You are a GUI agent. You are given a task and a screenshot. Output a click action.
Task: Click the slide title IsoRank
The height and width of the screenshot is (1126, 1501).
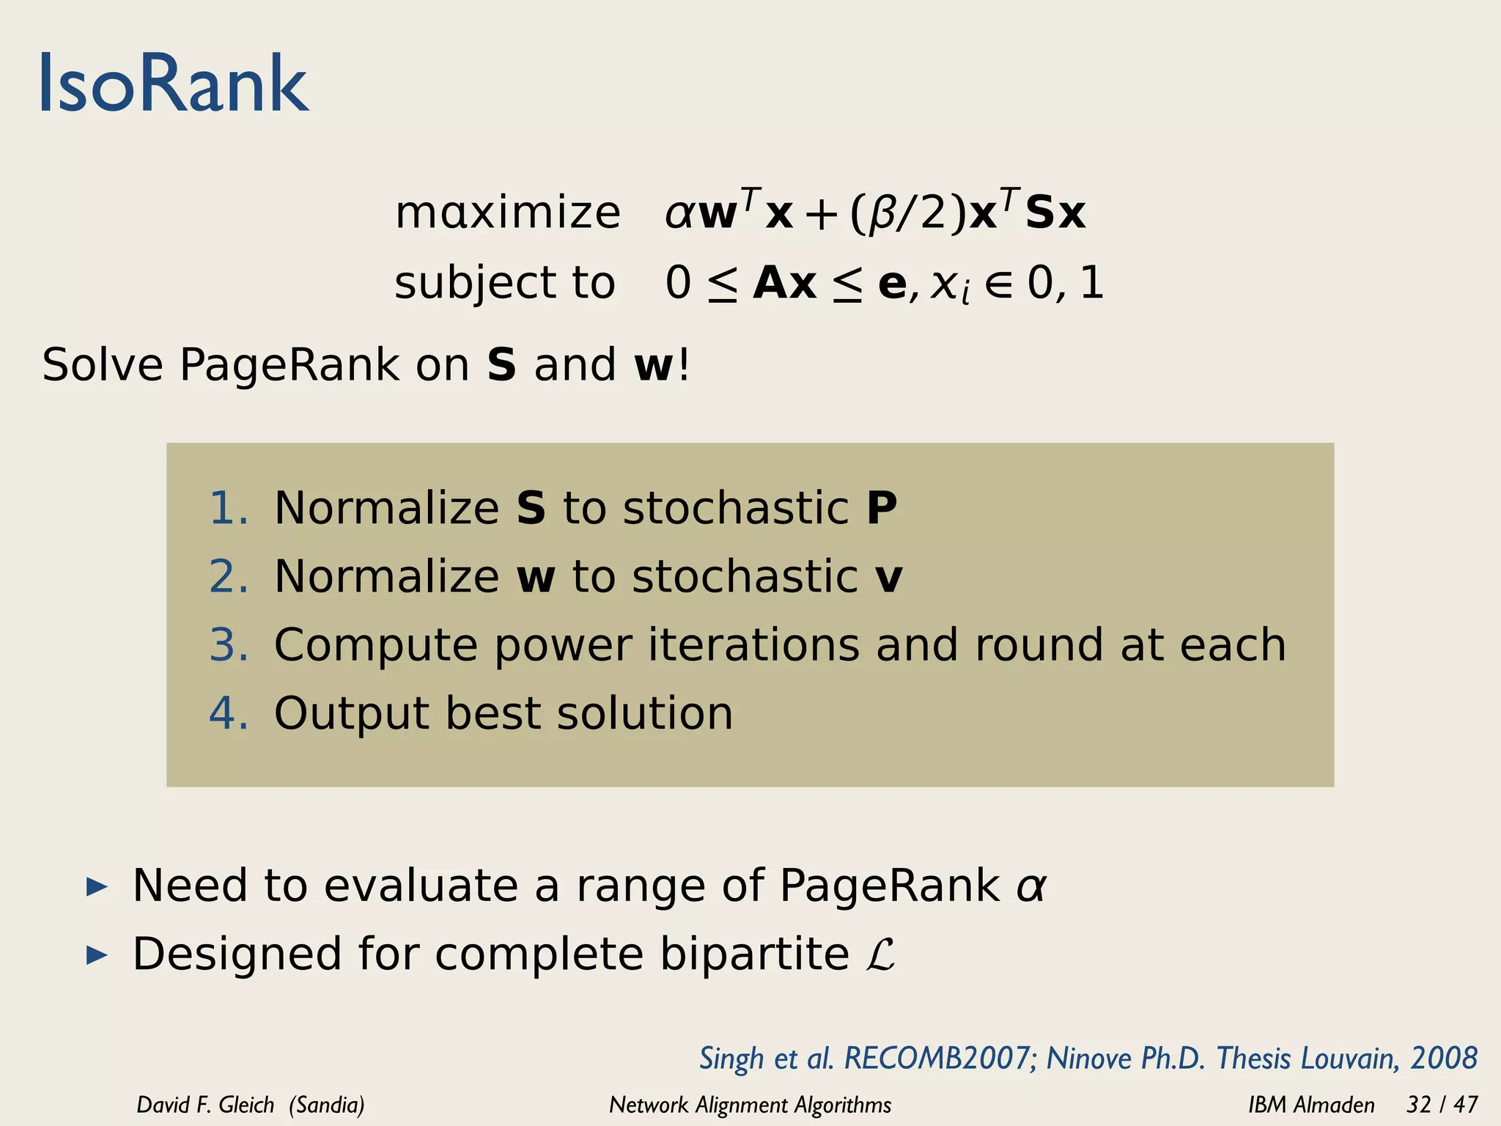(174, 84)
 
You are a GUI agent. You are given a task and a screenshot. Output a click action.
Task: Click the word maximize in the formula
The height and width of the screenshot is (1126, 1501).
(507, 213)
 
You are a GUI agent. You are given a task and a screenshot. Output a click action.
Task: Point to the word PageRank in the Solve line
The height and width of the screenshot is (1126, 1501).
(289, 365)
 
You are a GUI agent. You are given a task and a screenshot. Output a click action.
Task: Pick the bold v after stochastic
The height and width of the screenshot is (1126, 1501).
(889, 577)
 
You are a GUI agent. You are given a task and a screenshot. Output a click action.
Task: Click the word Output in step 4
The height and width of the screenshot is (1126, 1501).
(350, 713)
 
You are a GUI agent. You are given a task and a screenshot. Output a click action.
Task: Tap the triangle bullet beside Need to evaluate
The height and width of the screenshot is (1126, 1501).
(97, 887)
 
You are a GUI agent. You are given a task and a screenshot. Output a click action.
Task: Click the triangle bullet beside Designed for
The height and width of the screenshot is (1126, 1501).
(97, 955)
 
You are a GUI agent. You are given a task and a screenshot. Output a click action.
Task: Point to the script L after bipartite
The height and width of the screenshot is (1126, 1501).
(879, 954)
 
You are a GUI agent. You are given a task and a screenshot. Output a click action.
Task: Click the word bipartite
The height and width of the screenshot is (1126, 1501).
(754, 954)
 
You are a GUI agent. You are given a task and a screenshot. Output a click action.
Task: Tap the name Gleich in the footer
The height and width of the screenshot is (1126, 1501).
(246, 1105)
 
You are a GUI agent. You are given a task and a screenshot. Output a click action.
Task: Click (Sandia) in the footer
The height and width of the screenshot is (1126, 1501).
(326, 1105)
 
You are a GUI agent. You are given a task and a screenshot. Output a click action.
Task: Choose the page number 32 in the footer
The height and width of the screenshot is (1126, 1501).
(1419, 1105)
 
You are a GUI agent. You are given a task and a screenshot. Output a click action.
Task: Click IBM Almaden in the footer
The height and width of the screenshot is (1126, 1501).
(1311, 1105)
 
